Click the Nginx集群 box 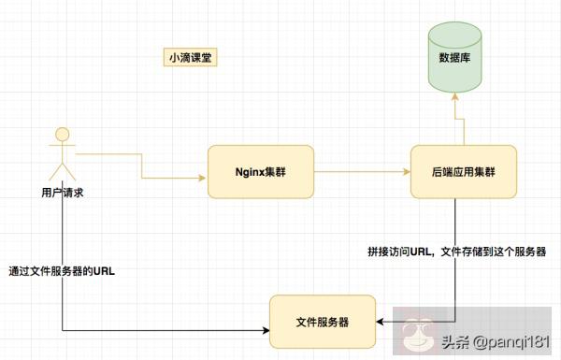tap(260, 171)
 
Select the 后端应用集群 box tap(463, 171)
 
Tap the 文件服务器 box tap(323, 321)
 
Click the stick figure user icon tap(62, 155)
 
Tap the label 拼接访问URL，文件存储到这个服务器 tap(455, 252)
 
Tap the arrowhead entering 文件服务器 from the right tap(382, 323)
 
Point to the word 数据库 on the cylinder tap(454, 57)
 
